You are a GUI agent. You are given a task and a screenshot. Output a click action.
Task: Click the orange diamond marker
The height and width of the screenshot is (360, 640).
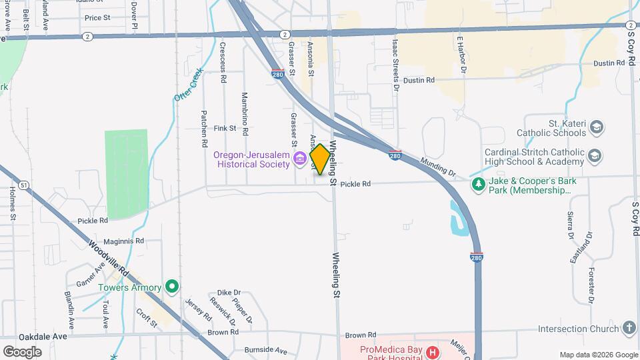pyautogui.click(x=320, y=159)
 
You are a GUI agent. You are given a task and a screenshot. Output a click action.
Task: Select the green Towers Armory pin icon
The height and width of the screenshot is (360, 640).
pyautogui.click(x=172, y=287)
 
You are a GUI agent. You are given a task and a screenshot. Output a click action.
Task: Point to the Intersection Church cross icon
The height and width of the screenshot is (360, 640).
pyautogui.click(x=629, y=328)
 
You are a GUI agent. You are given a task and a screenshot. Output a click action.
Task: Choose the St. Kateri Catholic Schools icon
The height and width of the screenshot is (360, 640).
pyautogui.click(x=596, y=127)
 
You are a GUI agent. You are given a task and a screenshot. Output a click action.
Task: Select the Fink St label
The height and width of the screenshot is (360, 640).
pyautogui.click(x=225, y=128)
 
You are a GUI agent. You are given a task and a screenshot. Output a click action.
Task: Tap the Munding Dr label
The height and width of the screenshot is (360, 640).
pyautogui.click(x=438, y=167)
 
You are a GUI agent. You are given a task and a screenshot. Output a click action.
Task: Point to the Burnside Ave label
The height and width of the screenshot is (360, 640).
pyautogui.click(x=265, y=350)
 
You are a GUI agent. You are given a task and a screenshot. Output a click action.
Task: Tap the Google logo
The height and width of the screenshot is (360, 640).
pyautogui.click(x=22, y=351)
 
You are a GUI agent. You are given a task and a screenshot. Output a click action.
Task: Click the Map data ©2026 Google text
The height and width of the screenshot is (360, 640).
pyautogui.click(x=598, y=355)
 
